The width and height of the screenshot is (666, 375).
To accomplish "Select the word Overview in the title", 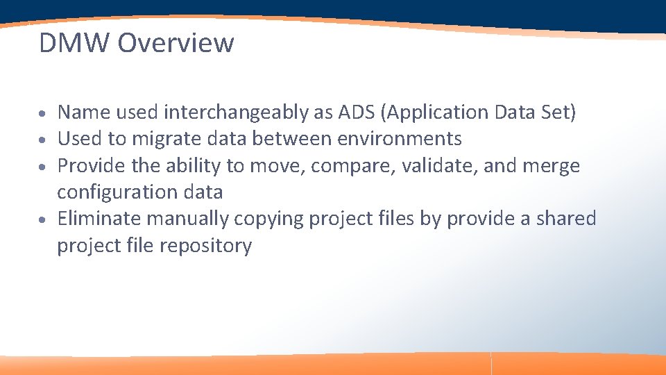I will pos(176,43).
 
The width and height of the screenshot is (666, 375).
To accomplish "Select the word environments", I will pos(400,139).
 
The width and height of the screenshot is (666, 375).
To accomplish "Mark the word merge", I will pos(551,166).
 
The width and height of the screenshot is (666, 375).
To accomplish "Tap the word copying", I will pos(269,219).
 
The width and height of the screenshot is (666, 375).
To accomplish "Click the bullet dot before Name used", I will pos(43,113).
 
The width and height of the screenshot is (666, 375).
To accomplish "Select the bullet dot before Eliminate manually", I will pos(43,220).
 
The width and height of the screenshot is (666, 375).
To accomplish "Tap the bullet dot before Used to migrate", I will pos(43,140).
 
